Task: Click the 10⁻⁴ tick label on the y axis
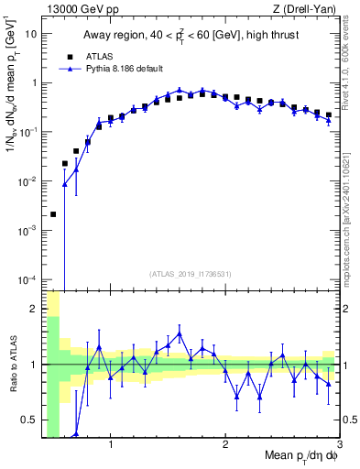(x=27, y=279)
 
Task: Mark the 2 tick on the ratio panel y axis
(x=33, y=309)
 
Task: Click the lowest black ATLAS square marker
(x=53, y=214)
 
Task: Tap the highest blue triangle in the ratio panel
(x=180, y=333)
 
